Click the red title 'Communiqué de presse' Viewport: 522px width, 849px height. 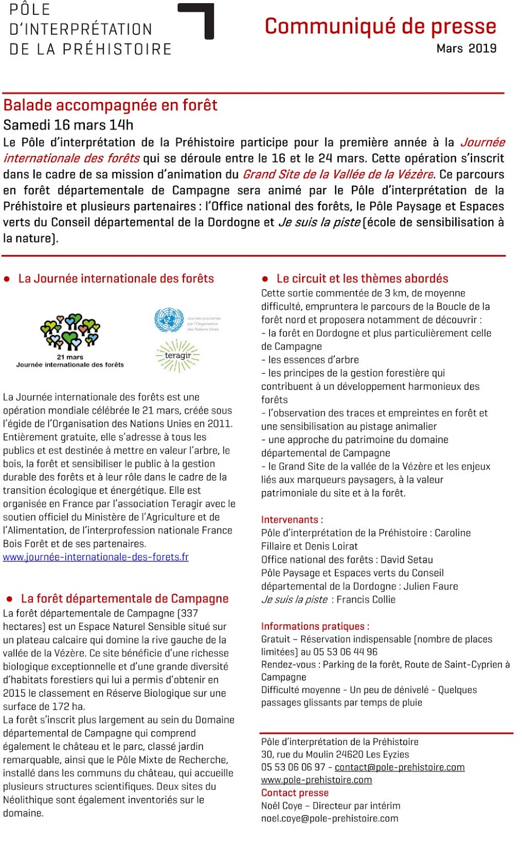(x=380, y=27)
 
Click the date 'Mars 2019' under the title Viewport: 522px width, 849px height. (x=466, y=49)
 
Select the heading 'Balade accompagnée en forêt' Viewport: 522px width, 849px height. (x=110, y=105)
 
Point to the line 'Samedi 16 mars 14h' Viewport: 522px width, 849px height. (x=68, y=125)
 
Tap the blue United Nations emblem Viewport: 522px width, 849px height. (x=169, y=320)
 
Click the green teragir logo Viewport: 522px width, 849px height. (x=178, y=356)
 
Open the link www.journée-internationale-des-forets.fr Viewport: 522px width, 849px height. (x=96, y=557)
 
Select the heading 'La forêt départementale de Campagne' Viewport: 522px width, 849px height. (x=125, y=599)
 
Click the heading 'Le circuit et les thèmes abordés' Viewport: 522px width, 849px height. (x=362, y=279)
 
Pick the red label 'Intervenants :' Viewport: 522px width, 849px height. (x=292, y=520)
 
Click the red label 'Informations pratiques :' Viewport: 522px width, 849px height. (x=315, y=627)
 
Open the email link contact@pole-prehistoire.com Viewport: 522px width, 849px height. (x=399, y=767)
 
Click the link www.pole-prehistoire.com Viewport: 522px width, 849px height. (x=316, y=780)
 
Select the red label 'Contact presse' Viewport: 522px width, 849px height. (x=295, y=793)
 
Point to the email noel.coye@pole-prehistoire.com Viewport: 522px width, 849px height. (x=329, y=819)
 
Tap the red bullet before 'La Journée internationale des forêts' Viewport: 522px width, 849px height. (x=7, y=279)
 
